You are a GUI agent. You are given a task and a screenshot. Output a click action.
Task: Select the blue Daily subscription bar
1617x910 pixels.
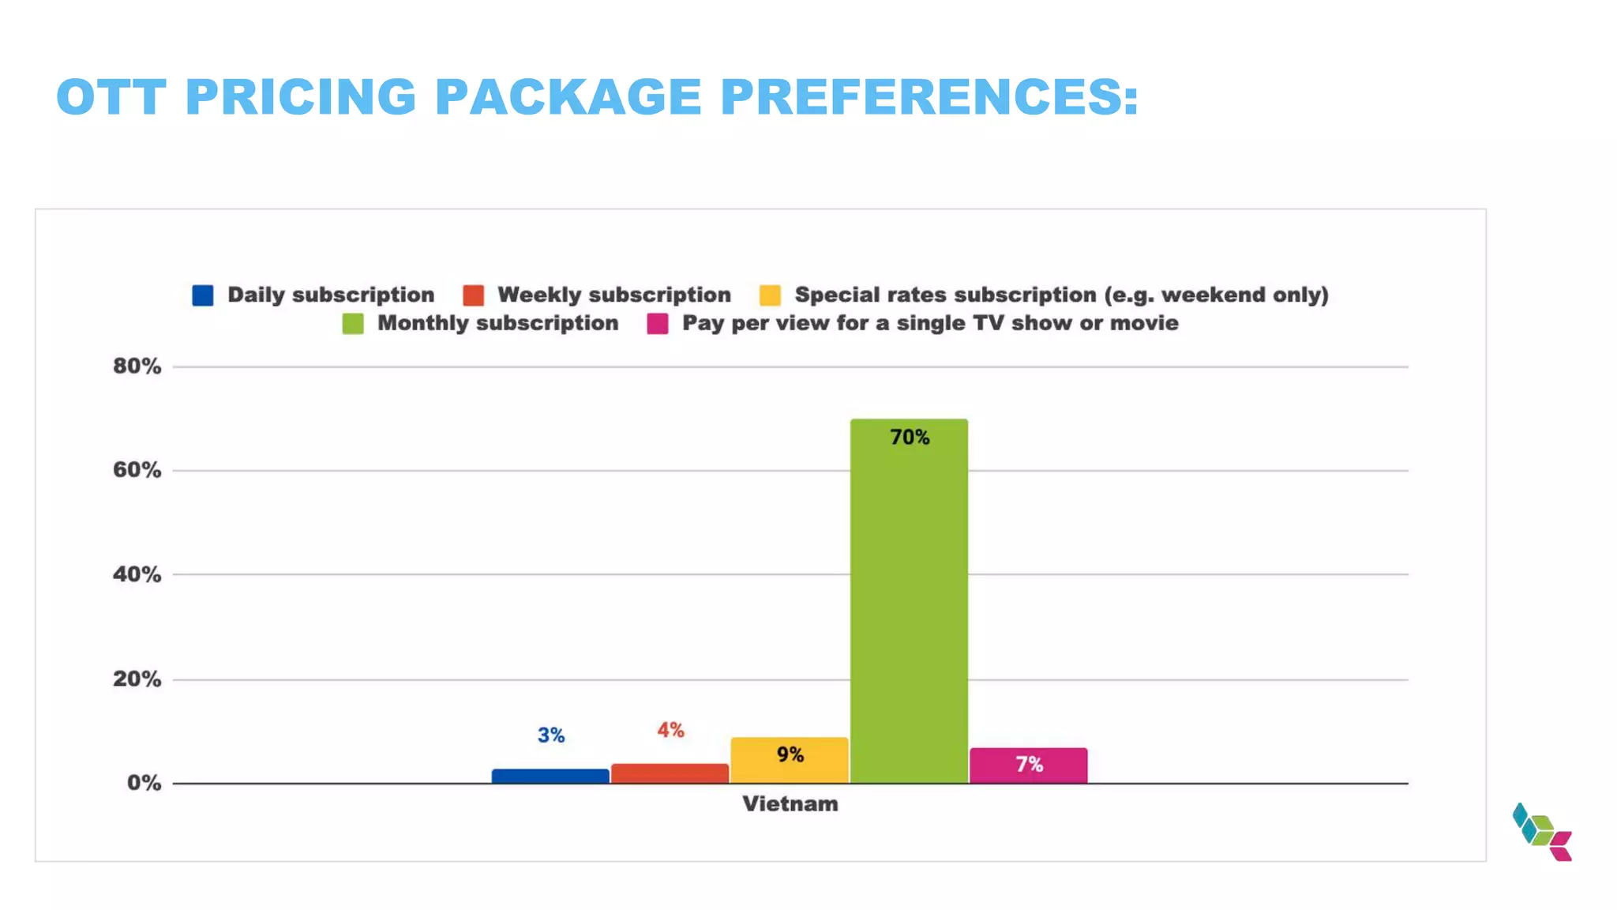tap(550, 776)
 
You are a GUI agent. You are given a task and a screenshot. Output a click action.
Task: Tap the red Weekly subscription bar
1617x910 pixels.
tap(670, 773)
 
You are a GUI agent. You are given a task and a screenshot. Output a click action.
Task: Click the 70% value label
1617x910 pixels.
tap(910, 438)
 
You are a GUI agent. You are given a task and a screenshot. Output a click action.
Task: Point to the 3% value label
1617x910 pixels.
tap(551, 735)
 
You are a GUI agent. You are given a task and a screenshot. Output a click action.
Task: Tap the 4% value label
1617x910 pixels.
tap(670, 730)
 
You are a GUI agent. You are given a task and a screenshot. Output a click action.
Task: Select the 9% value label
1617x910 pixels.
tap(790, 755)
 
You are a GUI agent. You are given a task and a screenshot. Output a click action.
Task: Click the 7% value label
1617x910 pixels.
tap(1029, 765)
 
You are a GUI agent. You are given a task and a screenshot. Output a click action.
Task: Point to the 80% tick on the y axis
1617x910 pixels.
tap(137, 367)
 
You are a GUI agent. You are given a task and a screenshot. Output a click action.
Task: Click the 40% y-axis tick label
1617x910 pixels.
tap(137, 574)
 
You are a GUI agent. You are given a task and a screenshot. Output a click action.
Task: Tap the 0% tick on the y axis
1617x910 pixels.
tap(144, 783)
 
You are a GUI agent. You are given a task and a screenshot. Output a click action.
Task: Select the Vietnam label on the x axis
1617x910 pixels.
tap(790, 804)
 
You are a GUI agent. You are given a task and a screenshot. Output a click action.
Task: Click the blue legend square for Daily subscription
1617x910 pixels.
tap(203, 295)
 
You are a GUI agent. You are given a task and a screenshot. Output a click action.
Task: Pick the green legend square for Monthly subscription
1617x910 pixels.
tap(353, 324)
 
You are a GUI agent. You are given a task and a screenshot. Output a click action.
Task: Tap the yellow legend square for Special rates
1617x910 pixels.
tap(770, 295)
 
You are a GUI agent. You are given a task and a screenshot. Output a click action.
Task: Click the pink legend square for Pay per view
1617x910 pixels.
tap(658, 324)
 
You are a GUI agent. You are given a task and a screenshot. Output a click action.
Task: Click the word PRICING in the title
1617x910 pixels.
tap(300, 97)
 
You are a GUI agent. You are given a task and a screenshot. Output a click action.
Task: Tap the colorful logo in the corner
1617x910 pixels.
tap(1542, 833)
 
